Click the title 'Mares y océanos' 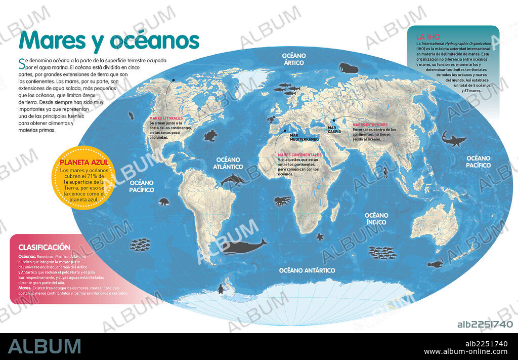[x=109, y=40]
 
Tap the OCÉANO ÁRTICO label [x=293, y=59]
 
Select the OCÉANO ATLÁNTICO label [x=228, y=163]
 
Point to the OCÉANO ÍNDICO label [x=376, y=219]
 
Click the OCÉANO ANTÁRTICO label [x=307, y=270]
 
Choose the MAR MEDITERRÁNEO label [x=304, y=137]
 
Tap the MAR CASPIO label [x=334, y=130]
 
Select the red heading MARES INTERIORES [x=370, y=125]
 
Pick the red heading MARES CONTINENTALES [x=299, y=155]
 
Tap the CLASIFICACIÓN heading [x=44, y=248]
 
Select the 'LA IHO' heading [x=427, y=37]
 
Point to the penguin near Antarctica [x=220, y=289]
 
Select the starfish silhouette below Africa [x=319, y=236]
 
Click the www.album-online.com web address [x=465, y=351]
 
